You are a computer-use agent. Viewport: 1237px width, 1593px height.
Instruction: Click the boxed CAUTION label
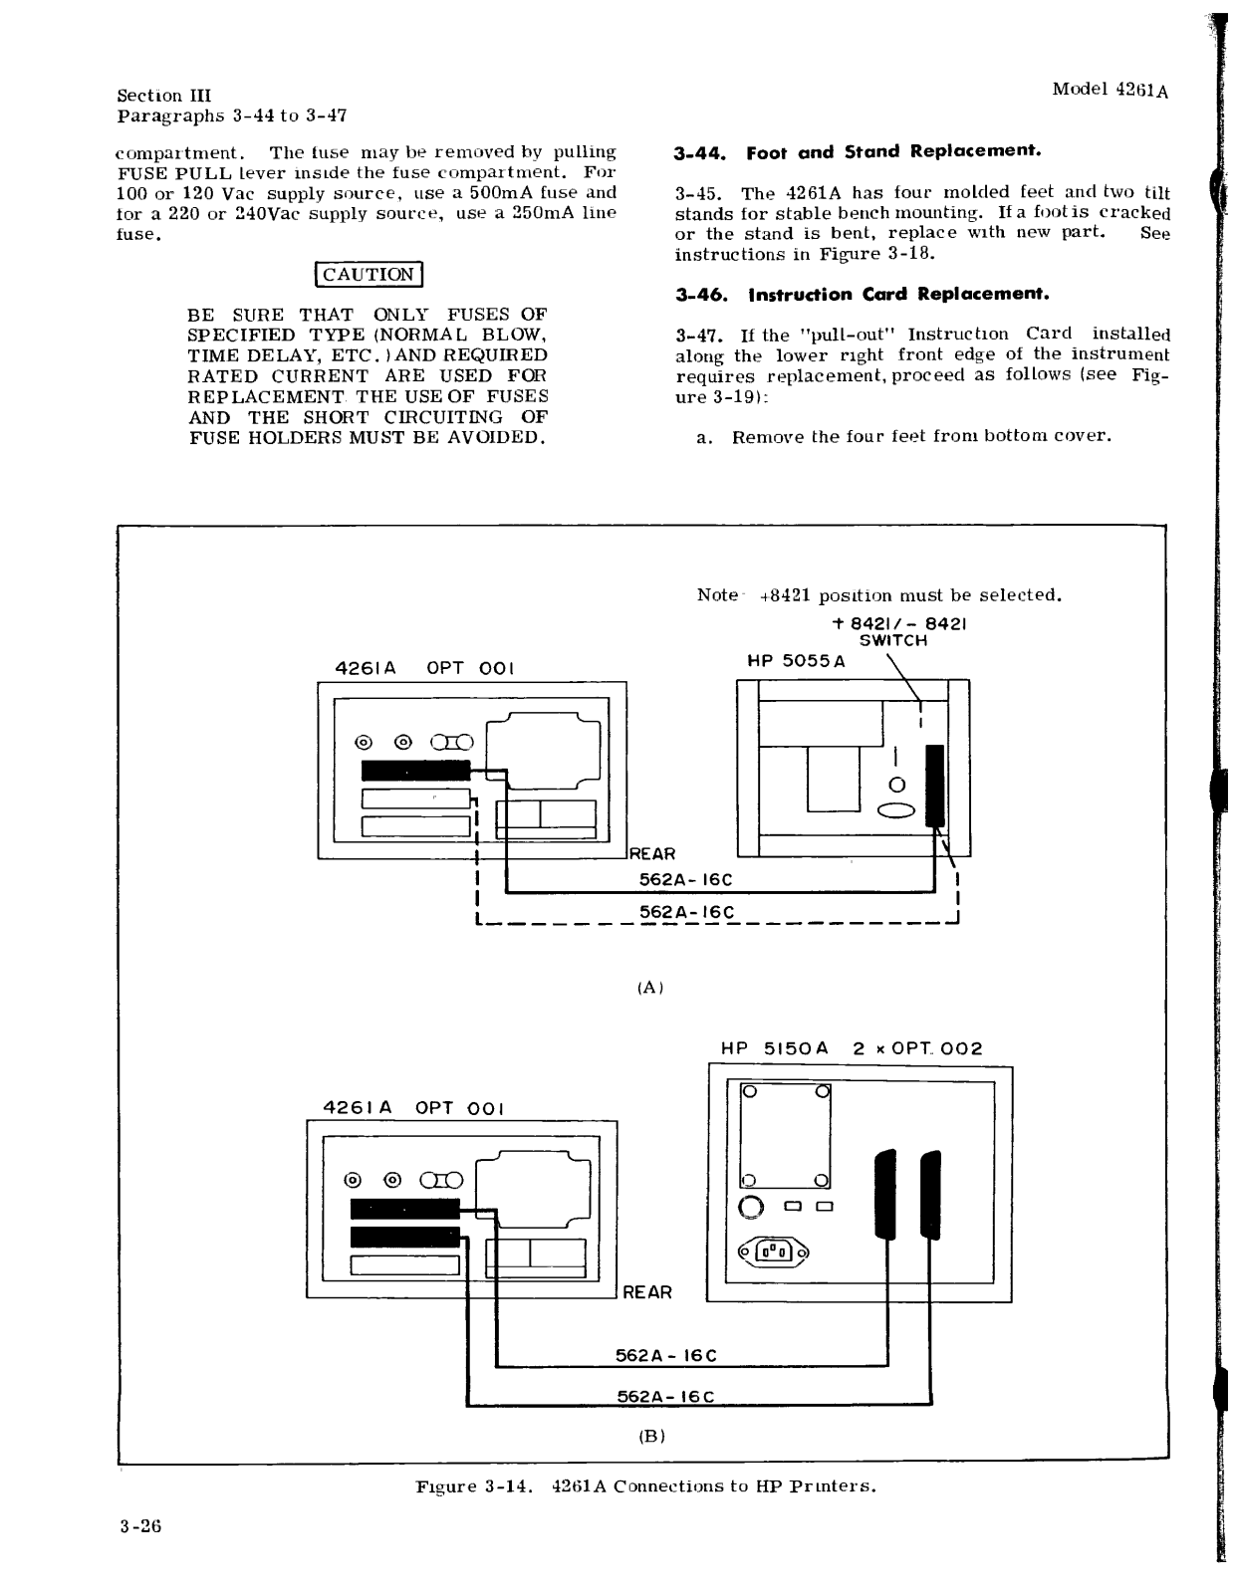(x=369, y=275)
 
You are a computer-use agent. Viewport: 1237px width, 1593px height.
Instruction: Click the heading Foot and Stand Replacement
(x=858, y=152)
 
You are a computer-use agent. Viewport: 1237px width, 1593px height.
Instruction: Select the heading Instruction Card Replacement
(x=863, y=295)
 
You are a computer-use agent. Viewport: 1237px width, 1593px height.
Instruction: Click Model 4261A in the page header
(x=1110, y=89)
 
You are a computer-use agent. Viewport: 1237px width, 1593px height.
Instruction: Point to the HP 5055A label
(x=796, y=661)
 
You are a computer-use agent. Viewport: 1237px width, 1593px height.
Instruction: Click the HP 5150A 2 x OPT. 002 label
(x=851, y=1048)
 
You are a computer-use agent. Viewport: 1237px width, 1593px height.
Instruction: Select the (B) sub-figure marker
(x=651, y=1436)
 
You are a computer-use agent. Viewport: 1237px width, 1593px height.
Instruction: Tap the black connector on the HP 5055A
(x=933, y=786)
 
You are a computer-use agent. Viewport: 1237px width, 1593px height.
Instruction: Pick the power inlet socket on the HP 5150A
(x=773, y=1252)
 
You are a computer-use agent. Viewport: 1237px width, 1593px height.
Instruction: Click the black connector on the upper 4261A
(x=415, y=770)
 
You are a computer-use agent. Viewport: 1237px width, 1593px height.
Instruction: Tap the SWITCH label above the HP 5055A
(x=893, y=641)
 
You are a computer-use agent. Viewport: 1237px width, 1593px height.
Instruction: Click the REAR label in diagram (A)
(x=652, y=854)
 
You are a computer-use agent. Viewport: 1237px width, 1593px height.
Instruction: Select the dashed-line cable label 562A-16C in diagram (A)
(x=686, y=913)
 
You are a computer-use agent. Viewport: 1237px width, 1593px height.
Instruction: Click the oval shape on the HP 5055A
(x=895, y=810)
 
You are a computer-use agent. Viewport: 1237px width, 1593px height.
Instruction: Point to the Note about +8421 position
(x=878, y=595)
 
